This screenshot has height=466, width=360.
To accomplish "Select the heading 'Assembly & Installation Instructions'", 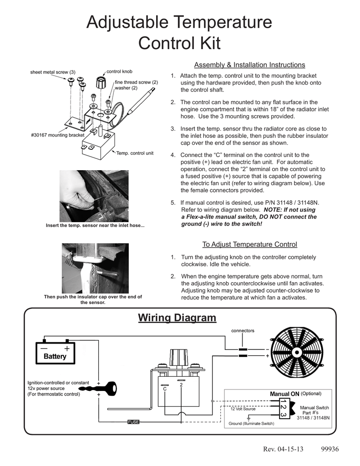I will pos(249,65).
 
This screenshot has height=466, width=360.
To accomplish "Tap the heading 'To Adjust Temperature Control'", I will pos(249,244).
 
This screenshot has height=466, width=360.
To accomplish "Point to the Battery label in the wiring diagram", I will pos(55,356).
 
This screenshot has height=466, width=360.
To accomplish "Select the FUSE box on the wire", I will pos(133,422).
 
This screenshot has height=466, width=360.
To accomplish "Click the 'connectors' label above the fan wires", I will pos(243,330).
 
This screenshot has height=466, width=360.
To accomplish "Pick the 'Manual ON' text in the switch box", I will pos(284,394).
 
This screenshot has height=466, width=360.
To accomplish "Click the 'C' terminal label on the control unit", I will pos(165,389).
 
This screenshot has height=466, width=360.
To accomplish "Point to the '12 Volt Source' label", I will pos(243,409).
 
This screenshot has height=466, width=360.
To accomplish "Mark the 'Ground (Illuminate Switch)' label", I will pos(251,424).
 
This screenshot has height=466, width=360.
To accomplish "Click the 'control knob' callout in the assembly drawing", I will pos(119,71).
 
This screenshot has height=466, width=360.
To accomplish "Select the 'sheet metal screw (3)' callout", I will pos(53,72).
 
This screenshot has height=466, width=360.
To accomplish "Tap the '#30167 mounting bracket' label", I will pos(58,135).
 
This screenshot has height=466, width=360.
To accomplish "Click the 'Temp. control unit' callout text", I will pos(135,153).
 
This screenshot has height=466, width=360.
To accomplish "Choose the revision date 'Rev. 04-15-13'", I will pos(283,450).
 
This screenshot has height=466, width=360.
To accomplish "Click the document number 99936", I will pos(330,450).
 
